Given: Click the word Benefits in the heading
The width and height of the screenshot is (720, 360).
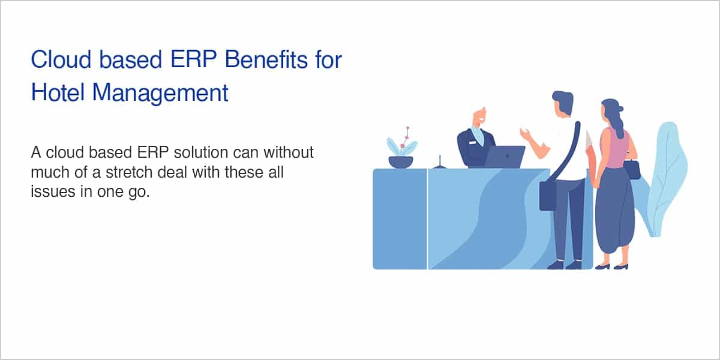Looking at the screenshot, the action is tap(266, 60).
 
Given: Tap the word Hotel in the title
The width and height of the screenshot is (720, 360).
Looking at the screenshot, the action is tap(58, 92).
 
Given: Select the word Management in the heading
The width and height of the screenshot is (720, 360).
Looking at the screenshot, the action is tap(160, 94).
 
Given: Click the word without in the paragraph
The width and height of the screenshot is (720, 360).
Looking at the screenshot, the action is tap(289, 152).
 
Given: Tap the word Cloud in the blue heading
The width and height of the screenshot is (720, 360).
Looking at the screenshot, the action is tap(61, 60).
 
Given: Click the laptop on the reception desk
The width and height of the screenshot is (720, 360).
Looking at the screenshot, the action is tap(505, 157).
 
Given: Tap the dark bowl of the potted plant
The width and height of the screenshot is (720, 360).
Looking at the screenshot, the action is tap(401, 162).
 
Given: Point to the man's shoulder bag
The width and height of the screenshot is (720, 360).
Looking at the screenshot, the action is tap(548, 196).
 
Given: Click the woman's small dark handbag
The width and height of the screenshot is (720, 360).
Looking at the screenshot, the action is tap(632, 170).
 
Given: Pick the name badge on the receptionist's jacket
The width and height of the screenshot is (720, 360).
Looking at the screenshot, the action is tap(472, 142).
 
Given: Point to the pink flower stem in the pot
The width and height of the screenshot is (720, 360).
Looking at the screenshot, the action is tap(406, 138).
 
